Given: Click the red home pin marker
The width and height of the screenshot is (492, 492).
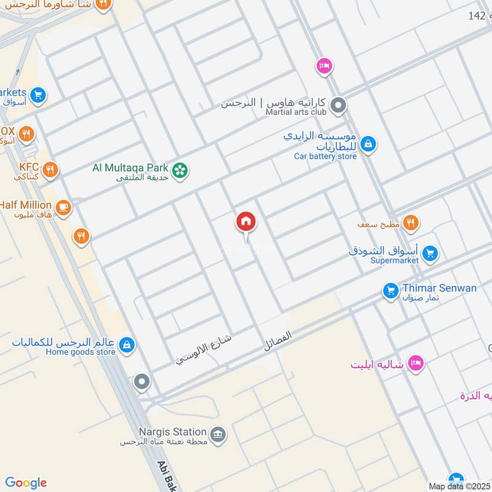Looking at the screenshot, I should pos(246,221).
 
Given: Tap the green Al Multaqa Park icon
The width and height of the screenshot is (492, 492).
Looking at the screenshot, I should pos(180,170).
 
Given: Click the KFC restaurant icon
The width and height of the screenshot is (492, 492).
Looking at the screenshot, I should pos(50,169).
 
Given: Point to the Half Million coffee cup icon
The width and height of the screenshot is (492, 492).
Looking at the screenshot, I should pos(62,208).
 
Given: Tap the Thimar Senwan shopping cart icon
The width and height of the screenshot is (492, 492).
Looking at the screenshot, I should pos(390,291).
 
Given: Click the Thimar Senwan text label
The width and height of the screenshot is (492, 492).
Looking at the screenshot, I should pos(439,288).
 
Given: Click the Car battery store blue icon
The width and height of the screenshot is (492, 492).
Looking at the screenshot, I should pos(368,145).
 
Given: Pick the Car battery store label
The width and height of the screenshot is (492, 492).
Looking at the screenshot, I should pos(325,156).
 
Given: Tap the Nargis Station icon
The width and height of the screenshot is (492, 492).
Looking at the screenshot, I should pos(217,435).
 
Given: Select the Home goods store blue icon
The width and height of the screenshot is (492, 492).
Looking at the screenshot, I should pos(127,344).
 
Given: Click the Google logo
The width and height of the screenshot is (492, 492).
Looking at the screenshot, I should pos(26,483).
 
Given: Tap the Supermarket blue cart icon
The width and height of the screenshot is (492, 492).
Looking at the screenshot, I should pos(430,253).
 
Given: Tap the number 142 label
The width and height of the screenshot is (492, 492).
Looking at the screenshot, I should pos(477,15).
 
